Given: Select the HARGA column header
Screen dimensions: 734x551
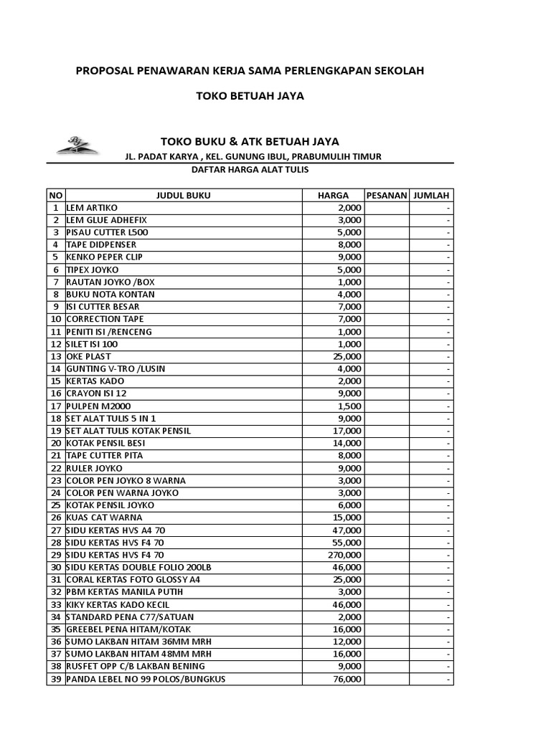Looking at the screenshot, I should click(x=334, y=195).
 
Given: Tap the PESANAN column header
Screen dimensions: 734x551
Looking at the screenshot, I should click(x=387, y=195).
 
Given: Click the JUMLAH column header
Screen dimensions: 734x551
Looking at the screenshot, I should click(x=431, y=195).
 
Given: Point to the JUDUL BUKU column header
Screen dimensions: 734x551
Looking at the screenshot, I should click(x=183, y=195).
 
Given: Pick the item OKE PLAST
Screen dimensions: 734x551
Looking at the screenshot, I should click(x=88, y=356).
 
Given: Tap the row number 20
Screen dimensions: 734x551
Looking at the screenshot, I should click(x=55, y=443).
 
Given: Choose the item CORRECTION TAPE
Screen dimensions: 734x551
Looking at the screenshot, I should click(x=105, y=319).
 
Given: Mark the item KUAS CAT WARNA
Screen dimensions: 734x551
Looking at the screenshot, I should click(x=104, y=518).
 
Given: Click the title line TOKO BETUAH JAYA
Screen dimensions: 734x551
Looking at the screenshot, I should click(x=250, y=96).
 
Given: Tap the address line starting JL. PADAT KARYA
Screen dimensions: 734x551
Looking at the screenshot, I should click(x=253, y=156).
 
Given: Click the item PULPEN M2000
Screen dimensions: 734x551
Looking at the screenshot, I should click(x=98, y=406).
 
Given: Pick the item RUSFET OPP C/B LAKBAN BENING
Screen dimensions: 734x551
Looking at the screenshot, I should click(x=135, y=666).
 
